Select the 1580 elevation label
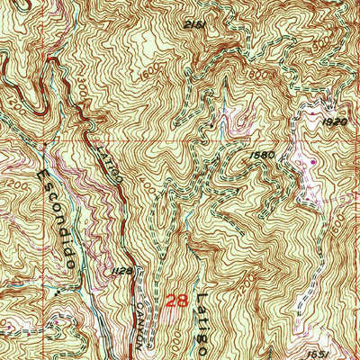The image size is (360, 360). click(264, 153)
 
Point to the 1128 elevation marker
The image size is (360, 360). click(123, 269)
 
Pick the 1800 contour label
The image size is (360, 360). click(237, 75)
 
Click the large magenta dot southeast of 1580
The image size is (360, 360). click(313, 162)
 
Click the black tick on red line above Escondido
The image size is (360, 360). click(44, 142)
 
